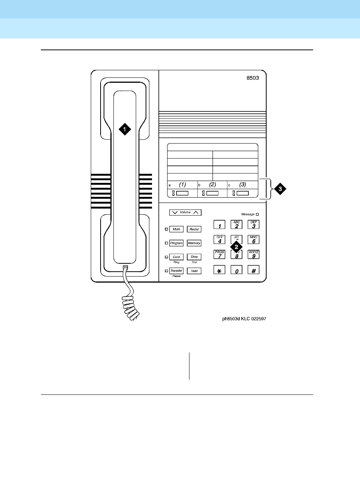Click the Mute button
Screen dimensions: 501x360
coord(176,229)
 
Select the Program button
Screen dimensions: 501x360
coord(176,243)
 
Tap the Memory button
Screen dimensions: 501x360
coord(194,243)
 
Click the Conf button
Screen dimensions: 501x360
coord(176,257)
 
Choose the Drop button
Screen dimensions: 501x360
coord(194,257)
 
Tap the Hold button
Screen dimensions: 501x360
coord(194,271)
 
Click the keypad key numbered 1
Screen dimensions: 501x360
coord(219,225)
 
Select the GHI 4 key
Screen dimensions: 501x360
coord(219,240)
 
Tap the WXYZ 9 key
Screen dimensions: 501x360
coord(253,255)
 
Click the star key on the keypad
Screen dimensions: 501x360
coord(219,270)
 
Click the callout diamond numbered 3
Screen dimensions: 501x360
coord(280,189)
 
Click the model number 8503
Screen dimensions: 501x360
coord(253,80)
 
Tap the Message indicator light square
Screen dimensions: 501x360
coord(258,214)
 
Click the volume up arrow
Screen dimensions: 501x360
coord(196,213)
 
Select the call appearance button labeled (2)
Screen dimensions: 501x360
coord(212,193)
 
